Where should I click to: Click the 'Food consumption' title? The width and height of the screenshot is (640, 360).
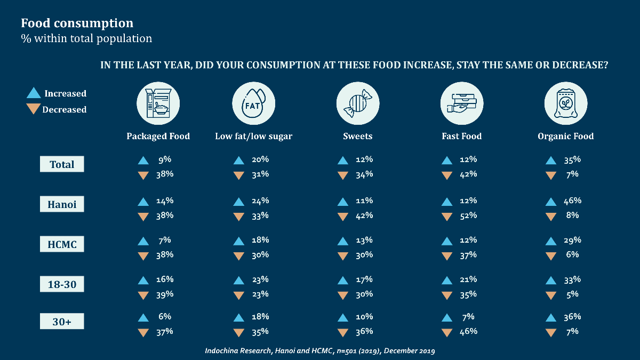pos(77,23)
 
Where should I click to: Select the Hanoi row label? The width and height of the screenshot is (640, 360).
pos(62,205)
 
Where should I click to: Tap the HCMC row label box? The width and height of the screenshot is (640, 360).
pos(62,245)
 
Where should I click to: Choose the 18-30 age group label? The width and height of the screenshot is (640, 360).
pos(62,285)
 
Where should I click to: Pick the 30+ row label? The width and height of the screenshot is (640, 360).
pos(62,322)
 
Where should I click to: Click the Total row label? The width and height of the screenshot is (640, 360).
pos(62,165)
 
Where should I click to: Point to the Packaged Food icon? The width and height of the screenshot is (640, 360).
pos(158,103)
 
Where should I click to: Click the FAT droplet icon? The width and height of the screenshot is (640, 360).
pos(253,103)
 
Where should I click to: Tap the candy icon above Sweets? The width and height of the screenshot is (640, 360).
pos(357,103)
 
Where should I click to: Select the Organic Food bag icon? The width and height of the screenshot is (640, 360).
pos(565,103)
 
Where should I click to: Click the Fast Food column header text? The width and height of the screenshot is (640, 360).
pos(461,136)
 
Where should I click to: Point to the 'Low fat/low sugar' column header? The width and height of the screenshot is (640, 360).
pos(253,136)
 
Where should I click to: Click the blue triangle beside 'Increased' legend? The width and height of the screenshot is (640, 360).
pos(34,93)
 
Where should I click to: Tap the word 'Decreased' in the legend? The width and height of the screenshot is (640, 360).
pos(64,110)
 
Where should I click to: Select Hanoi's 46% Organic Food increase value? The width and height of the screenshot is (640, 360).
pos(572,201)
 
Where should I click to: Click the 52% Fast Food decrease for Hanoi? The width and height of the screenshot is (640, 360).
pos(468,216)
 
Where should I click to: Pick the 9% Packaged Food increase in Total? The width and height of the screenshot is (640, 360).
pos(164,159)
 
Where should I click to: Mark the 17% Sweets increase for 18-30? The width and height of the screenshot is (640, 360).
pos(364,279)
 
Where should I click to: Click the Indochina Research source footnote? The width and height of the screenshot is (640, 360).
pos(320,351)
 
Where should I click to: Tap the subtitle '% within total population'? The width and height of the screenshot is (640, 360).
pos(86,38)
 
